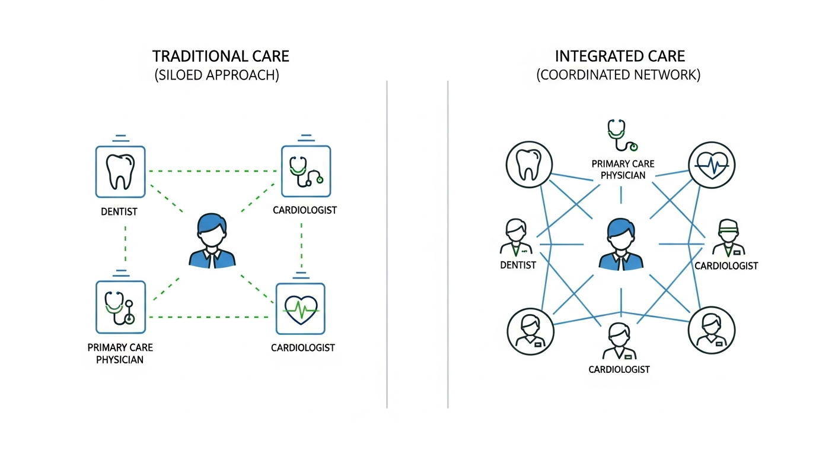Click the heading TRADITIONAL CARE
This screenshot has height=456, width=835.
pos(221,56)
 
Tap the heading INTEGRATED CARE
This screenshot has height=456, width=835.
pos(620,56)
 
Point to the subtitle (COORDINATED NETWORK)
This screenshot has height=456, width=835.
pos(619,76)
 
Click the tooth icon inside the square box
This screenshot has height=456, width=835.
pos(120,172)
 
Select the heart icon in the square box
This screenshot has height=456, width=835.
pos(301,308)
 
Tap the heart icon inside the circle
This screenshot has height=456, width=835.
pos(712,164)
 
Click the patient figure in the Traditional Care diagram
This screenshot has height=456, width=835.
pos(212,241)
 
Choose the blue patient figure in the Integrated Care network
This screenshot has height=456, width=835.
pos(620,244)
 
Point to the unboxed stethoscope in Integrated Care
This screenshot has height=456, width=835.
pos(620,136)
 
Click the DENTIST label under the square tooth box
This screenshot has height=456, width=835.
pos(119,211)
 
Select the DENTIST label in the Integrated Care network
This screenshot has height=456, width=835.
pos(518,265)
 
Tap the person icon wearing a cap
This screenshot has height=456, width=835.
pos(726,237)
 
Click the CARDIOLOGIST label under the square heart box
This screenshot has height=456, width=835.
pos(303,347)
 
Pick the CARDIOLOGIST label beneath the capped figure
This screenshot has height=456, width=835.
pos(726,265)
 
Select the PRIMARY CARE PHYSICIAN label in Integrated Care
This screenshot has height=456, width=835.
pos(619,169)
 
